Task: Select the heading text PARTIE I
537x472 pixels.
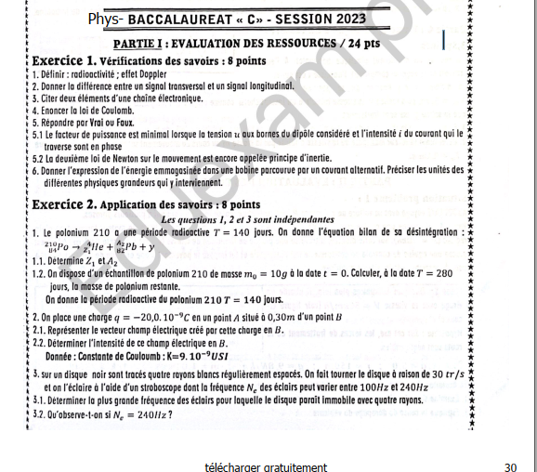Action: click(139, 44)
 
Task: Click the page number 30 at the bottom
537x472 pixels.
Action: click(510, 466)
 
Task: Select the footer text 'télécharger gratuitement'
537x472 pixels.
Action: click(267, 466)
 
